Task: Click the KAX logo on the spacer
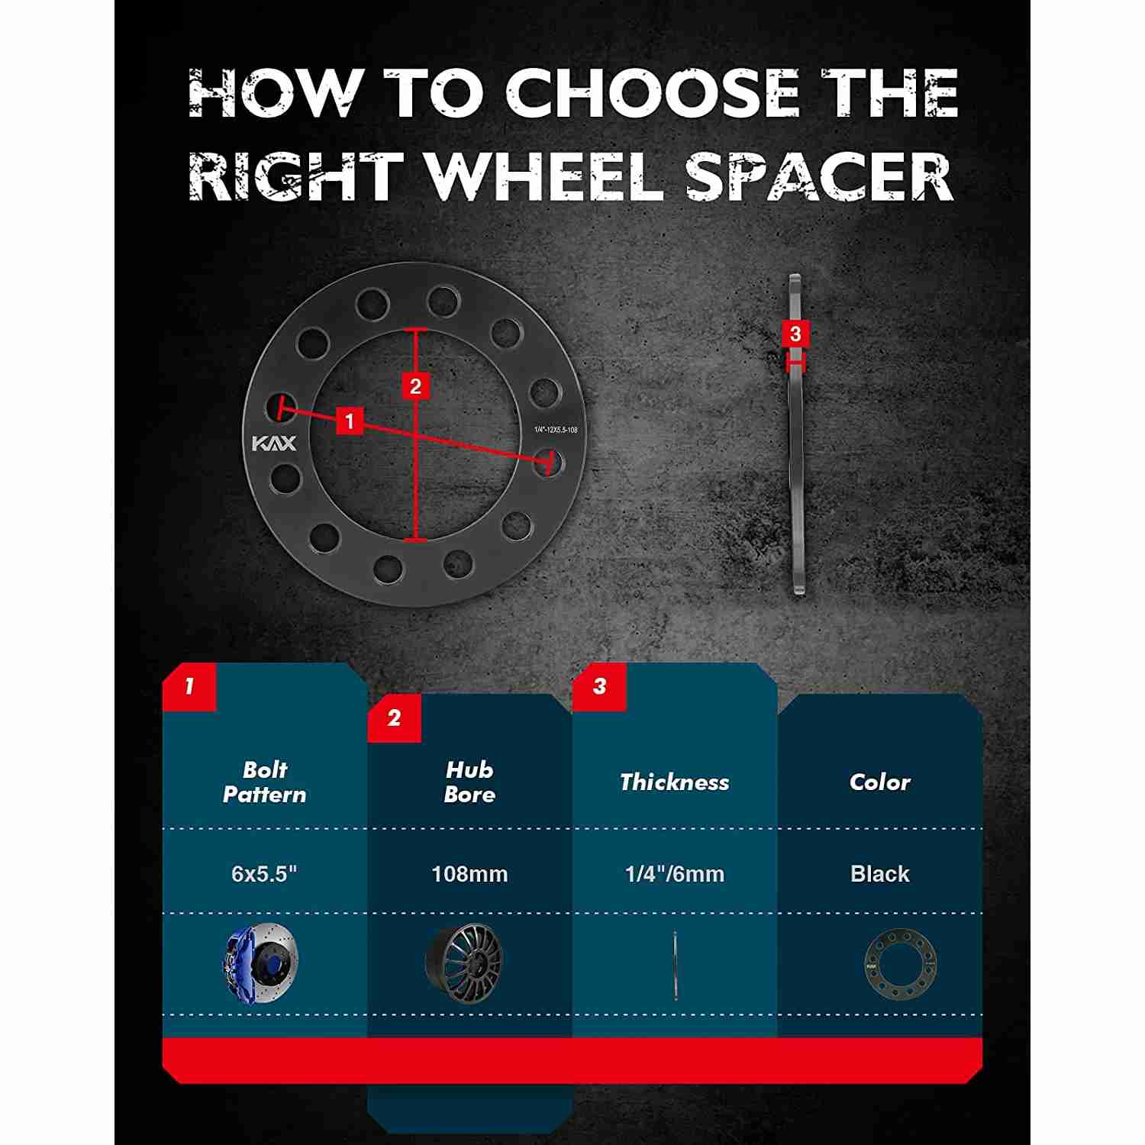click(274, 443)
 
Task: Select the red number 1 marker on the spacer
click(350, 421)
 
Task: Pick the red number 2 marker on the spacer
click(415, 386)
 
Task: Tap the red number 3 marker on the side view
click(795, 334)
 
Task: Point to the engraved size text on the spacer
click(556, 430)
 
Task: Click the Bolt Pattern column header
click(265, 782)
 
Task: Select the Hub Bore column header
click(469, 782)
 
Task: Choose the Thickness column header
click(675, 782)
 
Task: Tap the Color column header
click(880, 782)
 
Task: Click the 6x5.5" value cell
click(264, 874)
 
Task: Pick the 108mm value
click(469, 874)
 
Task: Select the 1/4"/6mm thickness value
click(675, 874)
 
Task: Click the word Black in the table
click(880, 874)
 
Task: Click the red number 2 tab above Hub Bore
click(394, 718)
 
